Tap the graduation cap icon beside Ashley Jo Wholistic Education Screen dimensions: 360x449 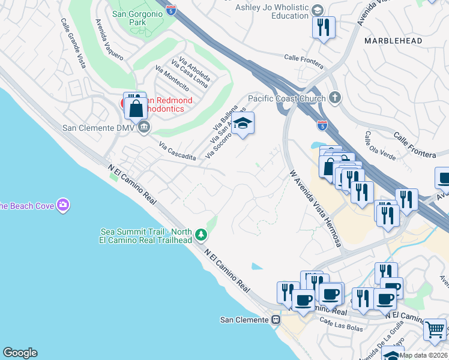tap(318, 10)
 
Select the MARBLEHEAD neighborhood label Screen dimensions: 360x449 tap(393, 41)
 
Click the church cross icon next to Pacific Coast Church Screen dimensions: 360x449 tap(334, 98)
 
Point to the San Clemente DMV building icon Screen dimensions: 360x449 tap(144, 127)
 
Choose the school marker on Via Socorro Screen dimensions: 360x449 tap(243, 124)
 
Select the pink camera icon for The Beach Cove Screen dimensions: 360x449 tap(63, 206)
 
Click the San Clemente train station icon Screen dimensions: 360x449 tap(276, 320)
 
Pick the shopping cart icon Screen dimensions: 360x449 tap(435, 329)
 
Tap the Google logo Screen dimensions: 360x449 tap(20, 353)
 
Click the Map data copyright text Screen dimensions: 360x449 tap(424, 355)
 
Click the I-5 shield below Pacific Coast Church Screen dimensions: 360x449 tap(322, 125)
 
